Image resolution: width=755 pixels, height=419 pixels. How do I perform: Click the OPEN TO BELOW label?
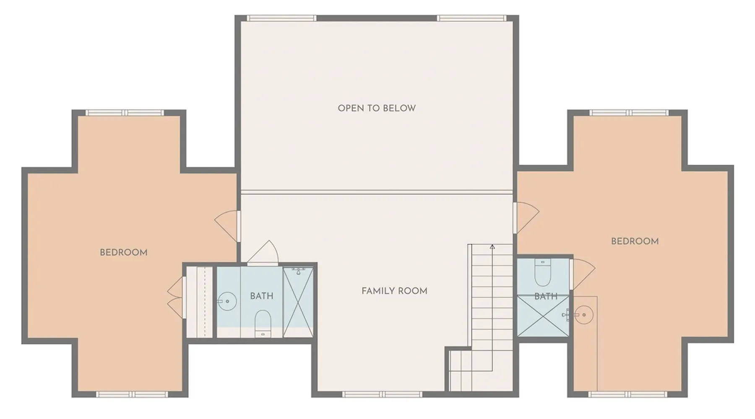point(377,108)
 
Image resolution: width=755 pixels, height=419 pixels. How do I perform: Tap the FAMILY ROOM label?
point(394,291)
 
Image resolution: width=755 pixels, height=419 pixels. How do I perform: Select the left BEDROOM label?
point(124,252)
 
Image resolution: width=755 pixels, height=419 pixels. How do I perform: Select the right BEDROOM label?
point(635,241)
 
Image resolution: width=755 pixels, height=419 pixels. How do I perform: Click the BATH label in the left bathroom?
point(262,296)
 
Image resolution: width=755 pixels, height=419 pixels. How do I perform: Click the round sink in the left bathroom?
point(228,301)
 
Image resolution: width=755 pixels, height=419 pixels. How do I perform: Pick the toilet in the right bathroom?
point(543,272)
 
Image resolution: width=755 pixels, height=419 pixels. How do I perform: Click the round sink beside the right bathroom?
point(583,315)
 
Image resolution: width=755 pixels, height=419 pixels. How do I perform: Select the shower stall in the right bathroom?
point(543,316)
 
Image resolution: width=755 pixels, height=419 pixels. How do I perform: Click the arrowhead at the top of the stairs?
point(492,247)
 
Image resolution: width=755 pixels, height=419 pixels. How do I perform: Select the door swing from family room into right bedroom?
point(526,218)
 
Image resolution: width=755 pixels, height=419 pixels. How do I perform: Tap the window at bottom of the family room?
point(382,394)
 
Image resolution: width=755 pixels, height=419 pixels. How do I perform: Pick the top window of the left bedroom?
point(125,113)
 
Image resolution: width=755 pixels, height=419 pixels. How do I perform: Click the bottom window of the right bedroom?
point(627,394)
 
